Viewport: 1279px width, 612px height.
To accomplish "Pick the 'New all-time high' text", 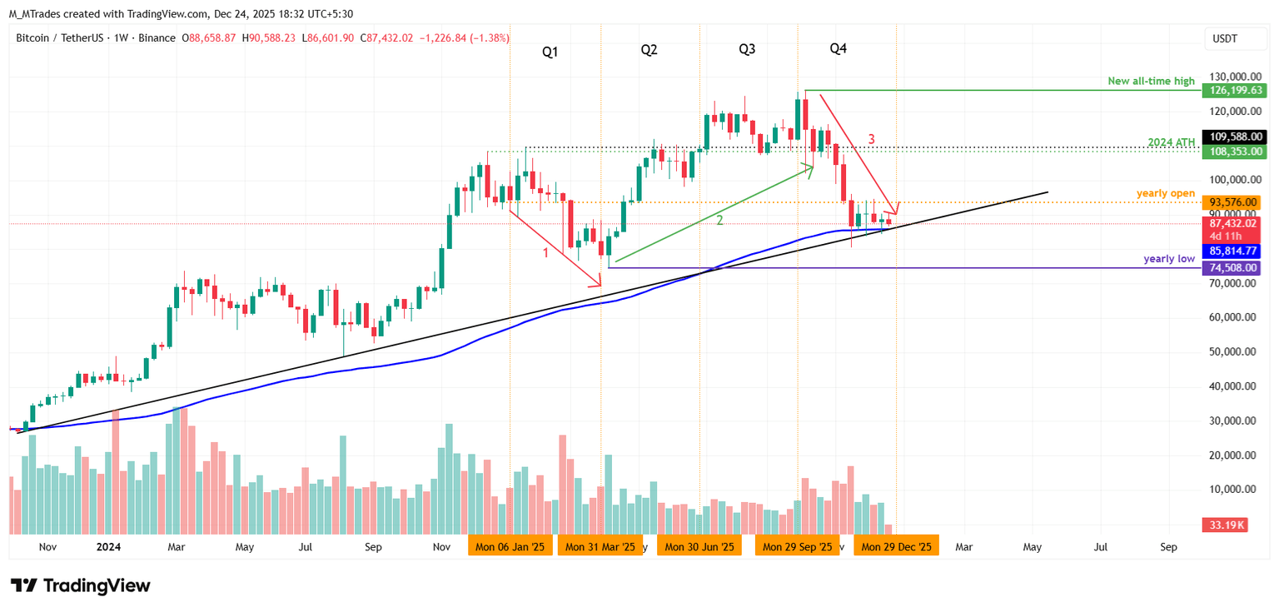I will (1151, 82).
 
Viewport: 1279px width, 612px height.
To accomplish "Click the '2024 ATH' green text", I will (1171, 142).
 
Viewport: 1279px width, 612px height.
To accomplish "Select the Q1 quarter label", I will (550, 52).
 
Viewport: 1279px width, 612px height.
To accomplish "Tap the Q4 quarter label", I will (839, 49).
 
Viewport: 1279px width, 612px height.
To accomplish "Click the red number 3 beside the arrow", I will (872, 140).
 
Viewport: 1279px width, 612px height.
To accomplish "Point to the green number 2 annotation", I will (719, 220).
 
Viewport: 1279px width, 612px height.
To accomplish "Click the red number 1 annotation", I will (546, 252).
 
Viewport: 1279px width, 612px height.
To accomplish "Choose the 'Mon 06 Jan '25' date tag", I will (510, 547).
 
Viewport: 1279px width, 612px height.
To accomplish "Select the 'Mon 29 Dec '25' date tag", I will (896, 547).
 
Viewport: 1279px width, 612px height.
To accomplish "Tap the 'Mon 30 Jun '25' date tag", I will (699, 547).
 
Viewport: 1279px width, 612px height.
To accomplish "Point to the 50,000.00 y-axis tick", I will (1233, 352).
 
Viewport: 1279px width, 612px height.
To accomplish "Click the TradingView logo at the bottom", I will (81, 585).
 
